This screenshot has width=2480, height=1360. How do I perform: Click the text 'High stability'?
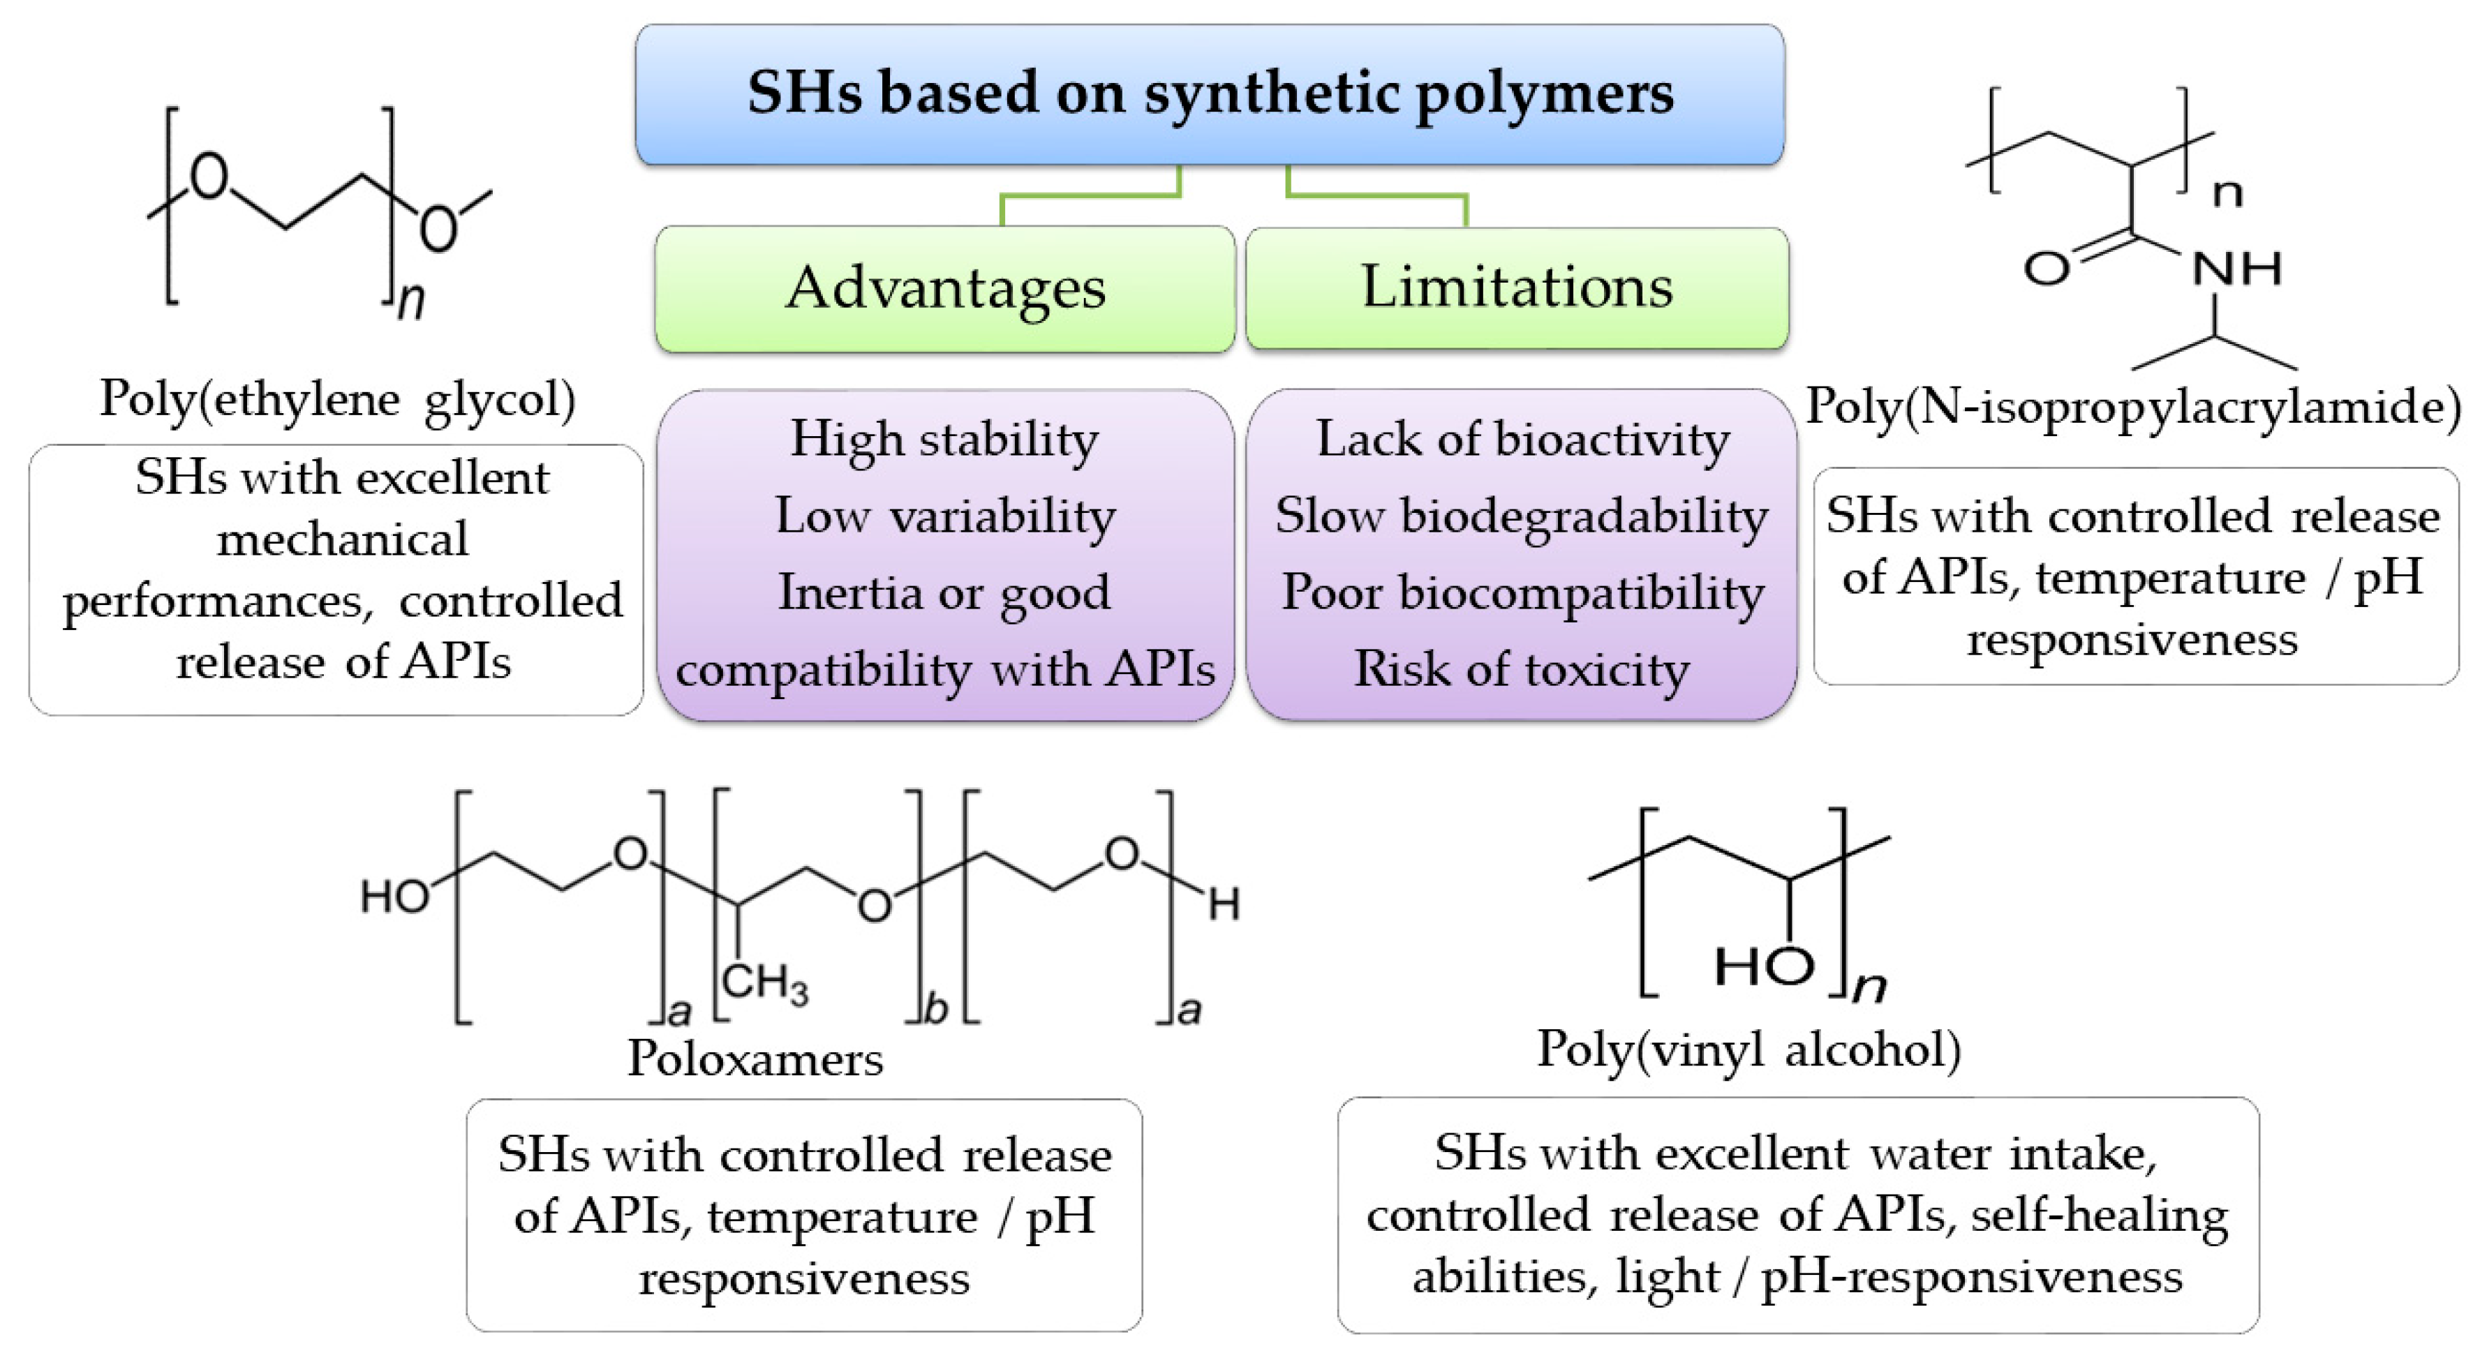coord(944,440)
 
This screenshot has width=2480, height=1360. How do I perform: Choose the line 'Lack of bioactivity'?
coord(1522,440)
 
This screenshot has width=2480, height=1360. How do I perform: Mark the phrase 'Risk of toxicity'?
coord(1522,669)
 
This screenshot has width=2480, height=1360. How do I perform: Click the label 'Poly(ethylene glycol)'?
coord(338,399)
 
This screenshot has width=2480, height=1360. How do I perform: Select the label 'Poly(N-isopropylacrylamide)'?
coord(2133,406)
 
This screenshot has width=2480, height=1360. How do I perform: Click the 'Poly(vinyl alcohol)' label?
coord(1748,1048)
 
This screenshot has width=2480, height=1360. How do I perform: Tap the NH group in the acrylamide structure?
coord(2236,269)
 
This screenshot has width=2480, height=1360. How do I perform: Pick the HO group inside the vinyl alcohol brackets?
coord(1765,965)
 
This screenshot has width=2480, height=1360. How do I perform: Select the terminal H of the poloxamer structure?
coord(1224,905)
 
